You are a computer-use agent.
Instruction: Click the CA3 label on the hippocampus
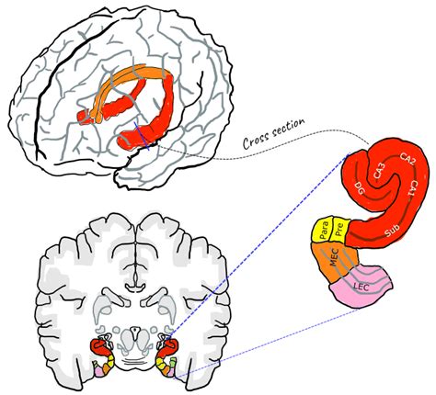click(x=379, y=172)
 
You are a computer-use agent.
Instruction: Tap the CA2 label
click(x=407, y=159)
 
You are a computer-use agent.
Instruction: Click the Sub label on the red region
click(x=393, y=231)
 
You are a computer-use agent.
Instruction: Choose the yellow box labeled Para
click(x=323, y=230)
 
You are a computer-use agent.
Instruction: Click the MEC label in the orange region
click(x=333, y=258)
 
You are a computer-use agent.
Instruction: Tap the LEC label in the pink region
click(x=361, y=287)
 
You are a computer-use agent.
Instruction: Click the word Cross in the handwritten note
click(x=258, y=139)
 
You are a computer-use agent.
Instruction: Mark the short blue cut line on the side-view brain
click(x=142, y=136)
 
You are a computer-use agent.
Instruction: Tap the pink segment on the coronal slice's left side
click(x=98, y=371)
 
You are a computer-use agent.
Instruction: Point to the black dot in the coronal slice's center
click(x=134, y=330)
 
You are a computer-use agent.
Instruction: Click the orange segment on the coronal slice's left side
click(x=106, y=369)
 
